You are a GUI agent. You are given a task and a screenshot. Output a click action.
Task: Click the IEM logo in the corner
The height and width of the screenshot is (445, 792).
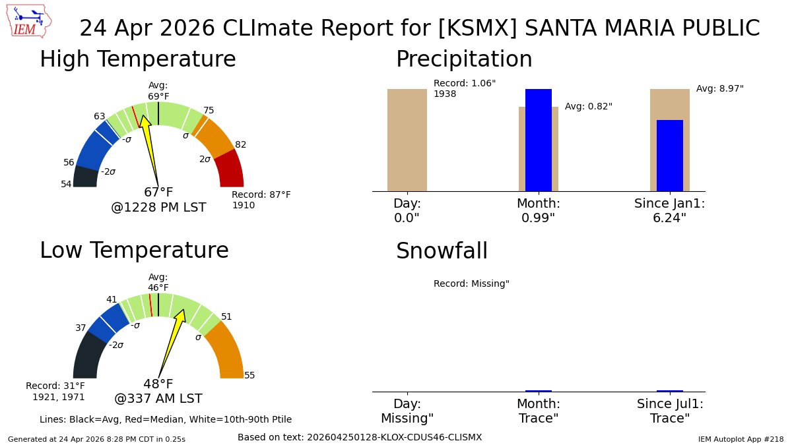coord(30,22)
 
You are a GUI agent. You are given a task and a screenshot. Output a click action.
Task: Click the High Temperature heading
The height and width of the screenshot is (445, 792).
coord(137,59)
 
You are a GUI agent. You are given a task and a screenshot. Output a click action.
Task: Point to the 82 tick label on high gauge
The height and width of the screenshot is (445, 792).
coord(240,145)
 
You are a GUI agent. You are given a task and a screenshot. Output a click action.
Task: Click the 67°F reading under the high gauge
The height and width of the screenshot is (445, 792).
coord(158,193)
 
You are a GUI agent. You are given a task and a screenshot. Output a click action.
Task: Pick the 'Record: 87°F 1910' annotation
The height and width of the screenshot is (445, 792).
coord(261,200)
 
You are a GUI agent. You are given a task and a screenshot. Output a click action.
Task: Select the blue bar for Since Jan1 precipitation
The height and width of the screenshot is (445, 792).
coord(669,156)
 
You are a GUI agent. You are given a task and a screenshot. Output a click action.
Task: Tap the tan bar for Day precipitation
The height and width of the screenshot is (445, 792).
coord(407,140)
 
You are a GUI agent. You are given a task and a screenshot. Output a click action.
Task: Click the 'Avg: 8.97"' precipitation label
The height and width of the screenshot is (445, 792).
coord(719,88)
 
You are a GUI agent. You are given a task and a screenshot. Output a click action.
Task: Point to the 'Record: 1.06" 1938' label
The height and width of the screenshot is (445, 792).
coord(464,88)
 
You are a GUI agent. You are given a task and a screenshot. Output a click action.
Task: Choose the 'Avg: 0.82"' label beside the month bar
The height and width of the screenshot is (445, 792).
coord(588,106)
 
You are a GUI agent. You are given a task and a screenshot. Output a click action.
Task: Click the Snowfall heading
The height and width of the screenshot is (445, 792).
coord(442,251)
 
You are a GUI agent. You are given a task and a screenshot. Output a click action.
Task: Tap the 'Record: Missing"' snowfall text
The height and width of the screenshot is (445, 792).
coord(471,283)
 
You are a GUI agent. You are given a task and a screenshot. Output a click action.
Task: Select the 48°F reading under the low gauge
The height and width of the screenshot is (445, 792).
coord(158,384)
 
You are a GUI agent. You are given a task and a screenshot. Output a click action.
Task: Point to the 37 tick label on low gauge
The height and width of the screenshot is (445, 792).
coord(81,328)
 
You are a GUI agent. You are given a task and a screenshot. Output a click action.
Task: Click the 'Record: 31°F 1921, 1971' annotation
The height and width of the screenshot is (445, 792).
coord(55,391)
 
